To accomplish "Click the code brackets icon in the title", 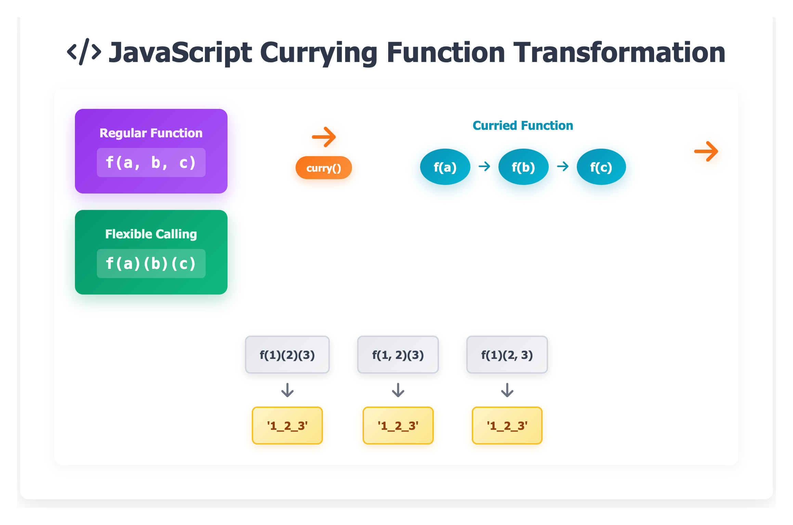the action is pyautogui.click(x=84, y=52).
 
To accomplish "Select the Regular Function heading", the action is pyautogui.click(x=151, y=133).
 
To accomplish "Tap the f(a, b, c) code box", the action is pyautogui.click(x=151, y=162).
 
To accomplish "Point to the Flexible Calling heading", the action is pyautogui.click(x=151, y=234).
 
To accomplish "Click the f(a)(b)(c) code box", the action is pyautogui.click(x=151, y=263).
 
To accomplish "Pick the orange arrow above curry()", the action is pyautogui.click(x=324, y=137).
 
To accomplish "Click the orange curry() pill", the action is pyautogui.click(x=324, y=168).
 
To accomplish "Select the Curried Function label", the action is pyautogui.click(x=523, y=126).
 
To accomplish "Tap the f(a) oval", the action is pyautogui.click(x=445, y=167).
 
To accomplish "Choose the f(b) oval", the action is pyautogui.click(x=523, y=167).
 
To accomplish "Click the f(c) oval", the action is pyautogui.click(x=601, y=167).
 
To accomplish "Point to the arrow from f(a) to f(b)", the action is pyautogui.click(x=484, y=167).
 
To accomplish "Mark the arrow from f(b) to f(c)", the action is pyautogui.click(x=563, y=167).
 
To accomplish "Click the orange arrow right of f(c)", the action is pyautogui.click(x=706, y=151).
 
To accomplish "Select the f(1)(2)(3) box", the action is pyautogui.click(x=287, y=355).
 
